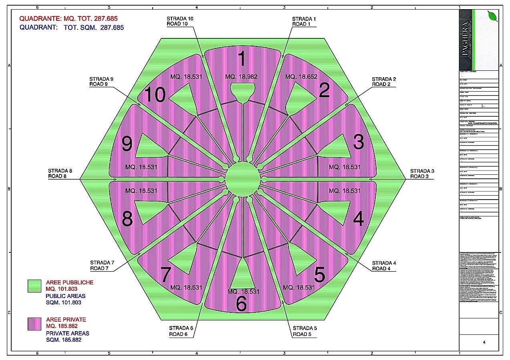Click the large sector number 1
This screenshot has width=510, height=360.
[242, 59]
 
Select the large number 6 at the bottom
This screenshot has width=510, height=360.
[242, 304]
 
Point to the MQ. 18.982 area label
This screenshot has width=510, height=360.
[241, 77]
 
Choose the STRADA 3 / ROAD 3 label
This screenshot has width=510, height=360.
[422, 174]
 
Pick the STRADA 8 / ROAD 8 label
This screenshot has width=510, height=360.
[60, 173]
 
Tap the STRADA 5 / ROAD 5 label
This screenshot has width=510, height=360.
[304, 331]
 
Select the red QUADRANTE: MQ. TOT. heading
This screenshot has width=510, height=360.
[69, 18]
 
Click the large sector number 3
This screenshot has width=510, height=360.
[358, 142]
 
